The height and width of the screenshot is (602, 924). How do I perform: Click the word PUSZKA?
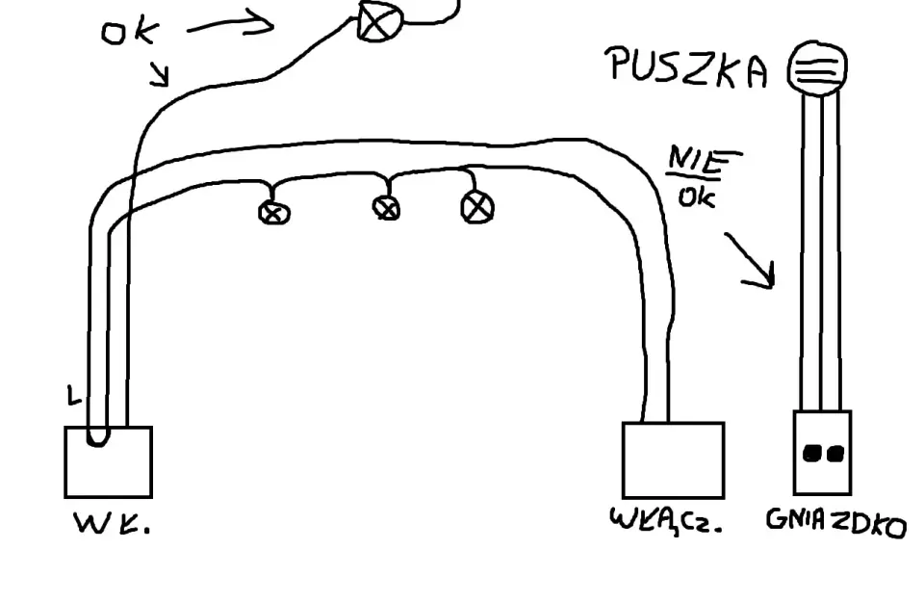pos(688,68)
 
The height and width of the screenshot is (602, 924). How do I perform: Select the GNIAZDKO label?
pos(835,522)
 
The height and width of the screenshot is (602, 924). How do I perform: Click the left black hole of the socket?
pos(812,453)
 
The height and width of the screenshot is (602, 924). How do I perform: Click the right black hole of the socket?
pos(835,454)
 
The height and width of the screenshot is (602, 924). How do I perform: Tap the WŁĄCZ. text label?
pos(666,520)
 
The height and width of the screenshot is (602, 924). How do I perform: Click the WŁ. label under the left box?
pos(112,522)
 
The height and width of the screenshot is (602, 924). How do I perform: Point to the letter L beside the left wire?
pos(73,396)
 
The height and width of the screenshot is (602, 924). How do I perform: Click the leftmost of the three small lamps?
pos(274,212)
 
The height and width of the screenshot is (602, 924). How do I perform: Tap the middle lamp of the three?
pos(386,208)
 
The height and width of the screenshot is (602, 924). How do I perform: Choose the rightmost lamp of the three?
pos(476,207)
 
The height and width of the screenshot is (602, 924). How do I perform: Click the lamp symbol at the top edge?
pos(378,21)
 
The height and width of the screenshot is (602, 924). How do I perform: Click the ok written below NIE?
pos(697,197)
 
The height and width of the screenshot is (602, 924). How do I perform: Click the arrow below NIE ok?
pos(750,260)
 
